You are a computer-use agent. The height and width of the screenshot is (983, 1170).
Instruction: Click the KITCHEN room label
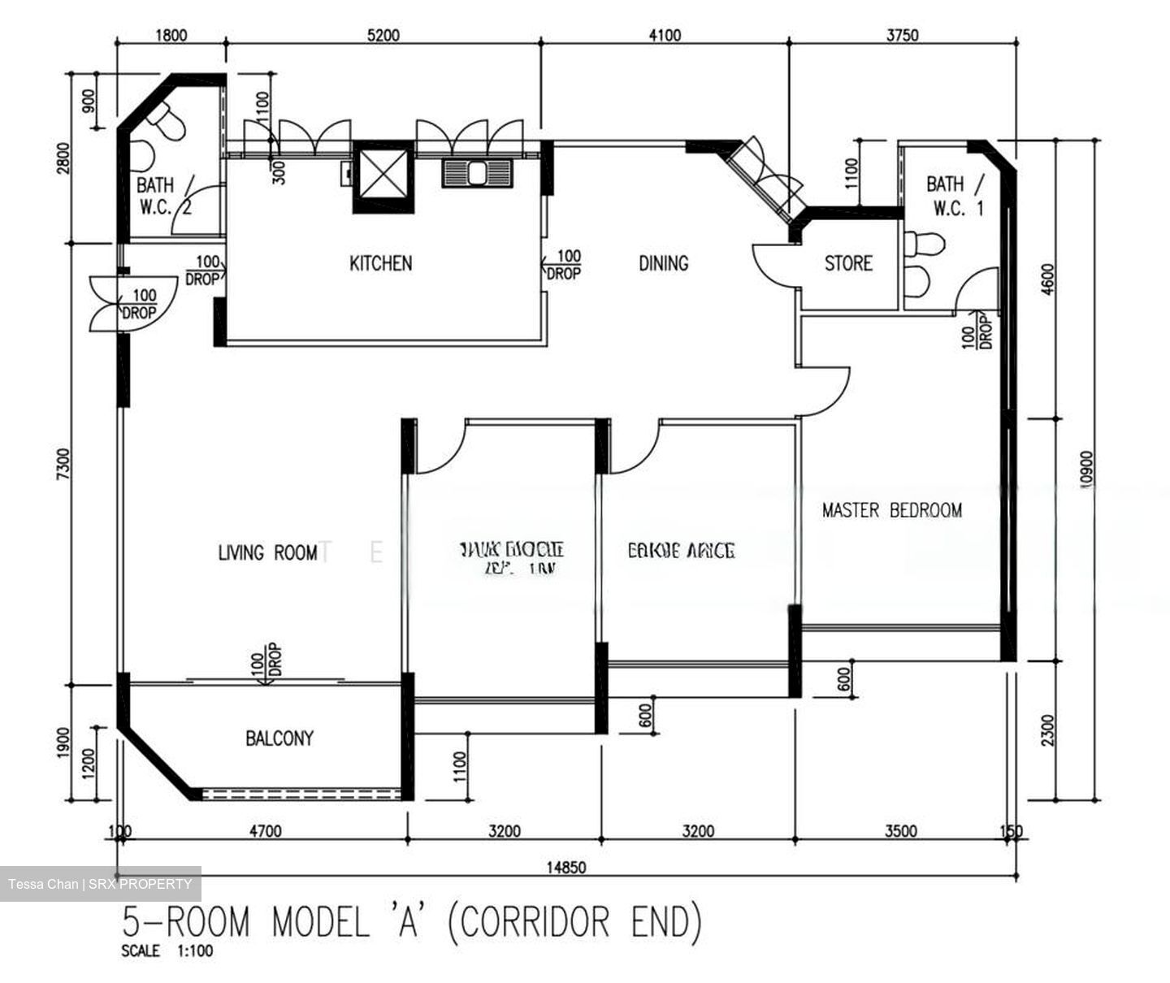[380, 263]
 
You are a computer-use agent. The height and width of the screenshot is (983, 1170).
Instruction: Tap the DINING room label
[663, 263]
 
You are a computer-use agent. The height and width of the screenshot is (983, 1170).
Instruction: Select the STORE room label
[848, 263]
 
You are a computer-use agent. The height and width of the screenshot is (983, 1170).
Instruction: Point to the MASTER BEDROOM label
[891, 510]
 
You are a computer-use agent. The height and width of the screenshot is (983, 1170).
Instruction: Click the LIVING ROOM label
[267, 553]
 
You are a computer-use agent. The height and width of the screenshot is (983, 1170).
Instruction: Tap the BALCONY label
[279, 738]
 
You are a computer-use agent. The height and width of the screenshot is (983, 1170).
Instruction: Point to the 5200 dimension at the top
[383, 35]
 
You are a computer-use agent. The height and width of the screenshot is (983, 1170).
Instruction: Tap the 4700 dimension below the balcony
[265, 831]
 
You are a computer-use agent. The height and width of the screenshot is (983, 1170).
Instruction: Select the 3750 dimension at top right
[902, 35]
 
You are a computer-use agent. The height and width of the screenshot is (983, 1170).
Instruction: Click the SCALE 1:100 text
[167, 951]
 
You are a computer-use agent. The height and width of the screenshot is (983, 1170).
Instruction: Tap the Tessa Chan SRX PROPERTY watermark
[101, 884]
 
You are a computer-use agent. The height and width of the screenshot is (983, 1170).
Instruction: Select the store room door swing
[773, 265]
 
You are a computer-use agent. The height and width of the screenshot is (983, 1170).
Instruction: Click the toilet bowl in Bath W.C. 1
[925, 243]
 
